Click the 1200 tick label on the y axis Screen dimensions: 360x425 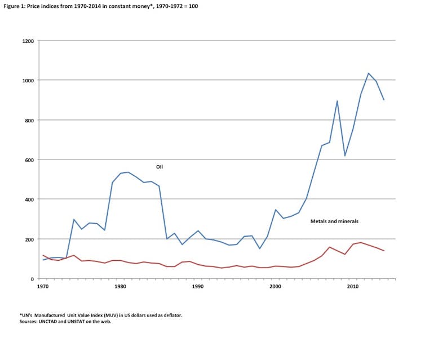29,41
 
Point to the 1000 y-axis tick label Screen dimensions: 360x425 29,81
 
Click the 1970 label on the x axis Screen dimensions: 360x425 42,287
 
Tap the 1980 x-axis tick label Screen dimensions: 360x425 120,287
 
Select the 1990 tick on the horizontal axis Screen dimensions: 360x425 198,287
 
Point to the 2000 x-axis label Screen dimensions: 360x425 276,287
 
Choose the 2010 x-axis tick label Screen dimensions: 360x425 353,287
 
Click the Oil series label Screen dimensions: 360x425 160,167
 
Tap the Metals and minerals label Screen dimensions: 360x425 334,221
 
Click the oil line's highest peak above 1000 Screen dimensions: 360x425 368,73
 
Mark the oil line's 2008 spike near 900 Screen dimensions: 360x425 337,101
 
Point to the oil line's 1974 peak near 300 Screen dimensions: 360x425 74,220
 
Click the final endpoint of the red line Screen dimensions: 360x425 384,251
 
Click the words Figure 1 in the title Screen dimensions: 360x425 14,5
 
